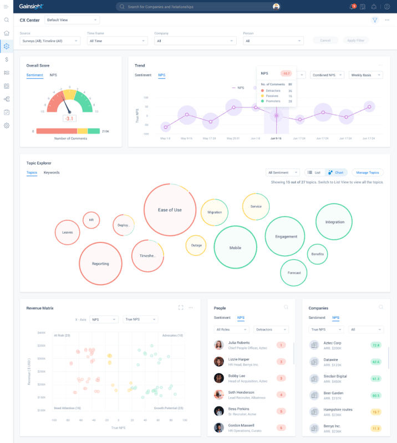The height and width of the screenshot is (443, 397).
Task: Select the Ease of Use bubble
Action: click(x=170, y=210)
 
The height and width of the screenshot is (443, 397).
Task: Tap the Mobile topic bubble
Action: click(x=235, y=248)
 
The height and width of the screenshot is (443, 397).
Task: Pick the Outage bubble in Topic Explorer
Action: click(x=196, y=245)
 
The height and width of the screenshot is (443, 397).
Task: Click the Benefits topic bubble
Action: click(x=318, y=254)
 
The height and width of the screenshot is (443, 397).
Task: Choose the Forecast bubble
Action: click(x=294, y=273)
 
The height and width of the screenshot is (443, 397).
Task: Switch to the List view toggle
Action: click(x=314, y=173)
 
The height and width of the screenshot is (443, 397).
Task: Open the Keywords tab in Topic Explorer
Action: click(x=52, y=173)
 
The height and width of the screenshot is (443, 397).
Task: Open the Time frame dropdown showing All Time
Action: click(x=116, y=40)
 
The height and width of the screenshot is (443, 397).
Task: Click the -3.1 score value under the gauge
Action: click(x=69, y=119)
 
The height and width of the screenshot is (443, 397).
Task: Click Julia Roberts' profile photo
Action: click(x=219, y=345)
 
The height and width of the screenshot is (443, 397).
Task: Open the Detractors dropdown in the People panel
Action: click(x=272, y=329)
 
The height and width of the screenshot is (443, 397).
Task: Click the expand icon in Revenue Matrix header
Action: click(x=181, y=307)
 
